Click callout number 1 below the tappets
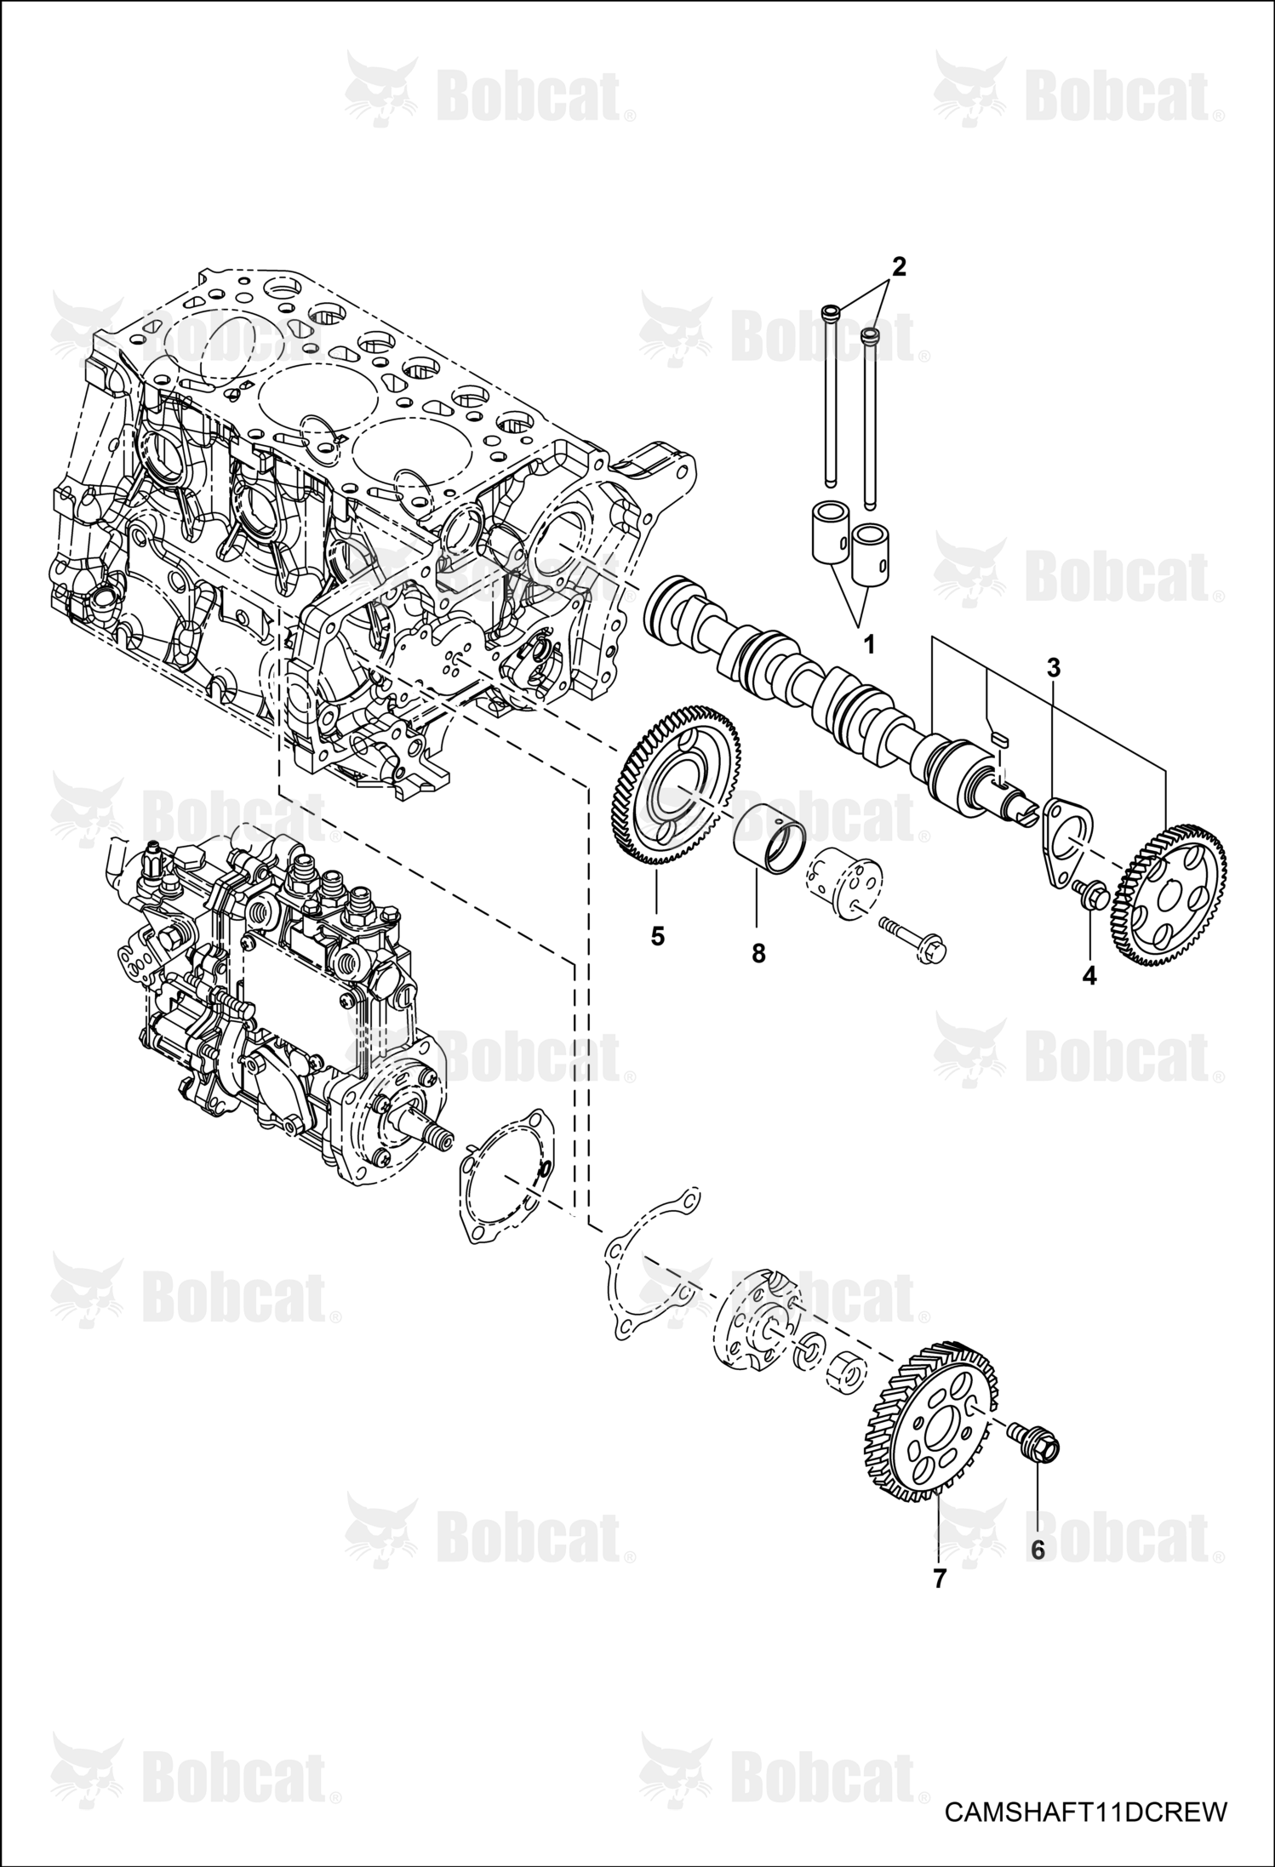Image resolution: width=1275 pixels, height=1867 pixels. [x=868, y=645]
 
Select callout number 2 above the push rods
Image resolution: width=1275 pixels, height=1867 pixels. [x=898, y=266]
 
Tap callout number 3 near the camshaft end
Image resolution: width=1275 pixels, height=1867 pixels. [x=1053, y=668]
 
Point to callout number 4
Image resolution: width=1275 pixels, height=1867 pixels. [x=1089, y=976]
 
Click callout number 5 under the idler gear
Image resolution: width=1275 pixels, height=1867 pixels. [x=657, y=935]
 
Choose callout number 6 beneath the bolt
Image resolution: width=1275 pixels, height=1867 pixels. [x=1038, y=1550]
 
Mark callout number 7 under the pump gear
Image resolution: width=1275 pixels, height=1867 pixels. [x=939, y=1579]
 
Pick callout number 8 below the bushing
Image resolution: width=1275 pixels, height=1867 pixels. [x=758, y=954]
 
